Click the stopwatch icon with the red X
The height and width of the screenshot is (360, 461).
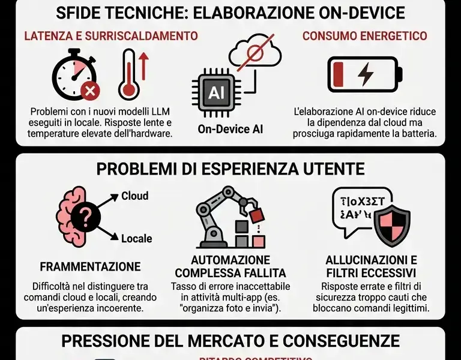74,76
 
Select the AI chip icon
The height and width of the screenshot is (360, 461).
215,92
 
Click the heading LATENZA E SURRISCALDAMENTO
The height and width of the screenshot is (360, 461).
111,36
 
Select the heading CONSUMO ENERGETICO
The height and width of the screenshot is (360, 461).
364,36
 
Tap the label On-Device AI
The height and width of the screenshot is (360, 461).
230,128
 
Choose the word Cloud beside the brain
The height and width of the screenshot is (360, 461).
135,196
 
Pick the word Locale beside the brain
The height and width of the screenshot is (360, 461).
136,238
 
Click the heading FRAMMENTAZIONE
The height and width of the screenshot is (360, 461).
90,266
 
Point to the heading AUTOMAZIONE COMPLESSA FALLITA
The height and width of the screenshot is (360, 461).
230,266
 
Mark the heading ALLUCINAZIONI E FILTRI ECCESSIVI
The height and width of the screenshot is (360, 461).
371,266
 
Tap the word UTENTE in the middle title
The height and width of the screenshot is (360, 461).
332,169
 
